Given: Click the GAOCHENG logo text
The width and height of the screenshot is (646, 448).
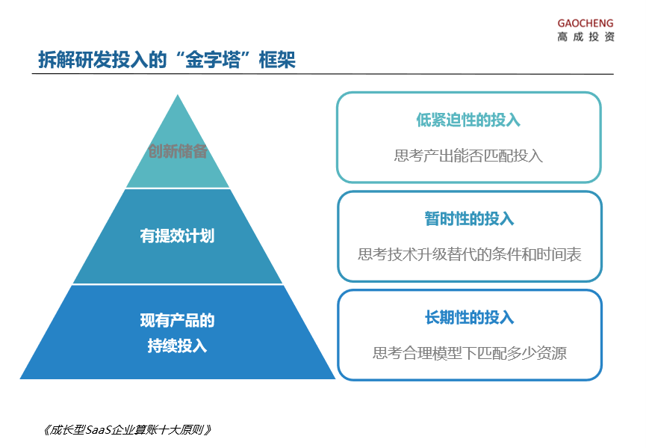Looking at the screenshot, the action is (x=586, y=23).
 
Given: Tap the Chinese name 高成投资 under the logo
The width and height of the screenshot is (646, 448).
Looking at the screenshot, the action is (x=586, y=37).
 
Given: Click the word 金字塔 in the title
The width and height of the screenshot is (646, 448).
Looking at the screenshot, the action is (x=213, y=60).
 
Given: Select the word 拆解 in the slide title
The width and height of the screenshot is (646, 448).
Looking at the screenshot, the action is (x=57, y=60).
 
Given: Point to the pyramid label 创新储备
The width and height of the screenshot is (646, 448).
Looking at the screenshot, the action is (x=178, y=151).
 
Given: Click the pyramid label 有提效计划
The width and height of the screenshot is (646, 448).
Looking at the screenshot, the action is (x=177, y=236).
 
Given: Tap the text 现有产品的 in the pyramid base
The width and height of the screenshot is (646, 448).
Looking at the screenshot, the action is (x=177, y=321).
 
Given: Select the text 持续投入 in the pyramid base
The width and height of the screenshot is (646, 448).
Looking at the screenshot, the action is (x=177, y=346).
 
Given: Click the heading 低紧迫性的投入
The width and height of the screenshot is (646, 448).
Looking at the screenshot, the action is (x=468, y=120).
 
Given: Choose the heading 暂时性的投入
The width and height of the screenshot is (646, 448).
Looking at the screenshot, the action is (x=469, y=218).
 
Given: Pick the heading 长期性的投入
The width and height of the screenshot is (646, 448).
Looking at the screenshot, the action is (x=469, y=318).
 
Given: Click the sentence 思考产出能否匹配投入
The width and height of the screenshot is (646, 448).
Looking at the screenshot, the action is (x=468, y=156).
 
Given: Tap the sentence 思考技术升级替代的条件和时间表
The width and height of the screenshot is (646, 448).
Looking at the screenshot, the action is (x=469, y=254).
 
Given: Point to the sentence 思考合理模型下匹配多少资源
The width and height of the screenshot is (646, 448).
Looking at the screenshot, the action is (x=470, y=353).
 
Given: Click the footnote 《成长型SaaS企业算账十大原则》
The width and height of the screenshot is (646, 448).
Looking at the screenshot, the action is (x=126, y=430).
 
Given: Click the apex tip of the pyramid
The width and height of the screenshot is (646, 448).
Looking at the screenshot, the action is (x=178, y=94).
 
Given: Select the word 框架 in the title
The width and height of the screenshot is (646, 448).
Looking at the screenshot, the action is (x=277, y=60).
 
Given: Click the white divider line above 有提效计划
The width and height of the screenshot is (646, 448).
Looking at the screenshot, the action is (x=178, y=188).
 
